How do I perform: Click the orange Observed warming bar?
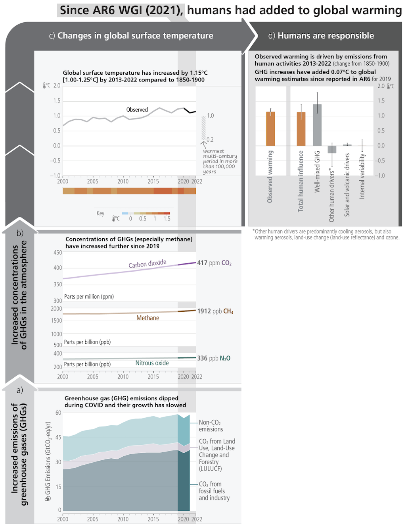pyautogui.click(x=270, y=129)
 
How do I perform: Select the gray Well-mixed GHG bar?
pyautogui.click(x=317, y=125)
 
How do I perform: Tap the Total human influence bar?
pyautogui.click(x=301, y=129)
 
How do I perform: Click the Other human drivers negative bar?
pyautogui.click(x=332, y=149)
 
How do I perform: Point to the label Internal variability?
pyautogui.click(x=362, y=176)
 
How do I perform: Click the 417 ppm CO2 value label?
pyautogui.click(x=214, y=263)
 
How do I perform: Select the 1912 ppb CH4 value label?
pyautogui.click(x=215, y=311)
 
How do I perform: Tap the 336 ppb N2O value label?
pyautogui.click(x=214, y=358)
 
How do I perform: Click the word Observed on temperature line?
pyautogui.click(x=137, y=110)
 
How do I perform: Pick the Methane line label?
pyautogui.click(x=147, y=318)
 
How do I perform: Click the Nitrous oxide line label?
pyautogui.click(x=152, y=363)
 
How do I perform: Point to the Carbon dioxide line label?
pyautogui.click(x=147, y=264)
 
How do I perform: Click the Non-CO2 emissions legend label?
pyautogui.click(x=211, y=426)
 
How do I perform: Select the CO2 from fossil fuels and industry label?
pyautogui.click(x=214, y=491)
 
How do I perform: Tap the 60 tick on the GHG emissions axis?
pyautogui.click(x=58, y=413)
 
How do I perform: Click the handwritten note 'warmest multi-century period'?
pyautogui.click(x=220, y=161)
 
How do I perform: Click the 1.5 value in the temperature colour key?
pyautogui.click(x=167, y=219)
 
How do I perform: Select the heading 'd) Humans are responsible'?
pyautogui.click(x=321, y=36)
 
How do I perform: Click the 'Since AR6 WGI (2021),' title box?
pyautogui.click(x=121, y=10)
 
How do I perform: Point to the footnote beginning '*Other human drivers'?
pyautogui.click(x=326, y=234)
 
